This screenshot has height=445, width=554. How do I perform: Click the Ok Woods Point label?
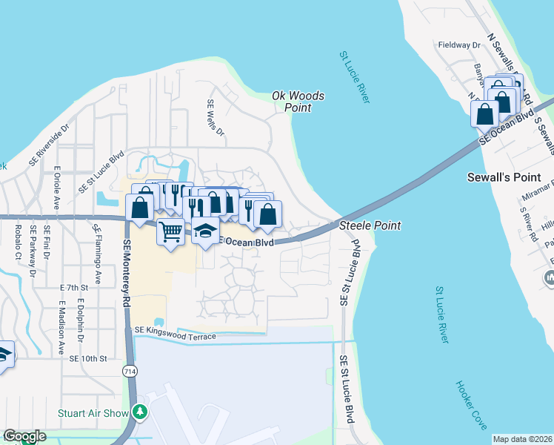[x=298, y=101]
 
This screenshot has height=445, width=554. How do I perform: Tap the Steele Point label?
[x=370, y=225]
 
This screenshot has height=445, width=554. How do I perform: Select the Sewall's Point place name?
[x=510, y=178]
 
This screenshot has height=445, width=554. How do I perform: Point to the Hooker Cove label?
[x=471, y=405]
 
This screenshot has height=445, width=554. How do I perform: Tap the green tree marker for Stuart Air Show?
[x=139, y=412]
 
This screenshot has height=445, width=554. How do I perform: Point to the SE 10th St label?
[x=89, y=358]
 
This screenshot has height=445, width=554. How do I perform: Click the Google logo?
[x=24, y=436]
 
